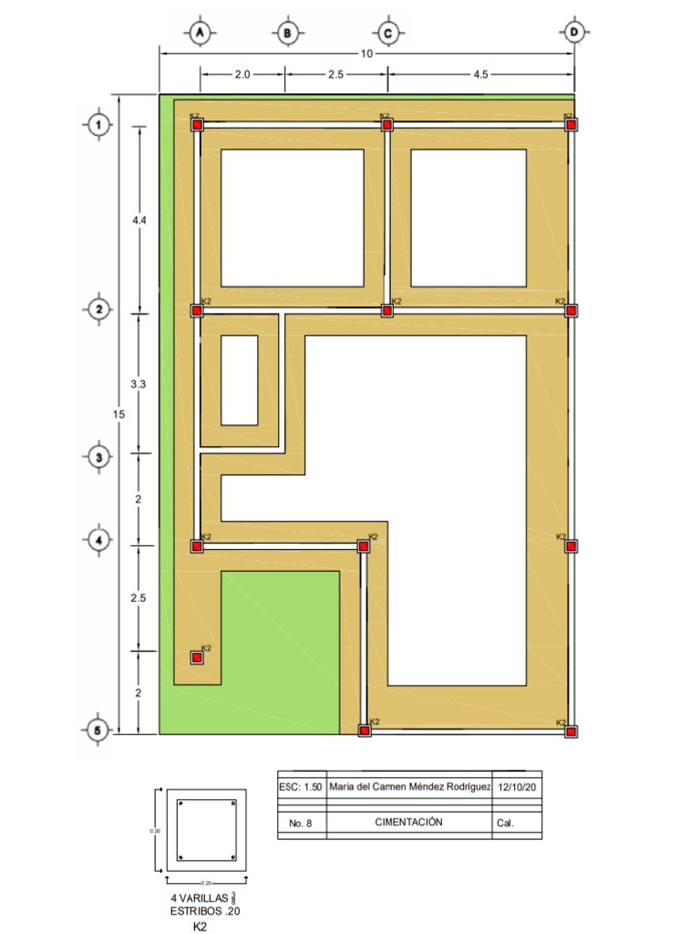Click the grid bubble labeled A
200,33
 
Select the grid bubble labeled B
287,33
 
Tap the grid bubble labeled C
387,33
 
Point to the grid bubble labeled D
574,33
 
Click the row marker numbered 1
98,125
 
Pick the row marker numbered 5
98,731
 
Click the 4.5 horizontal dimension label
480,76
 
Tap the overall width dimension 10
366,54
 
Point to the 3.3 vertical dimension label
139,385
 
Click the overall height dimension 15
118,415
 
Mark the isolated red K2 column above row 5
197,658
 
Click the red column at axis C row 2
387,311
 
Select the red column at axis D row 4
571,546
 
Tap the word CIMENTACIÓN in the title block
408,822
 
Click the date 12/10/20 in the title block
517,787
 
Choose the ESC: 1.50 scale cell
300,787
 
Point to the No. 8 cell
301,824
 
